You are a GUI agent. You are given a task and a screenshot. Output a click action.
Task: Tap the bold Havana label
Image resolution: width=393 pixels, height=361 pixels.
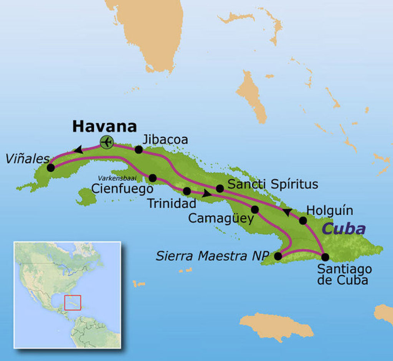(104, 126)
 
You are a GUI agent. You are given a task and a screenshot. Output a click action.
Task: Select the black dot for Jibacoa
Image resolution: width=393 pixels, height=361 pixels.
(139, 150)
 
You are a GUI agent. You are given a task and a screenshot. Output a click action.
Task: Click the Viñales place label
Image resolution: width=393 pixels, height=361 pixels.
(28, 158)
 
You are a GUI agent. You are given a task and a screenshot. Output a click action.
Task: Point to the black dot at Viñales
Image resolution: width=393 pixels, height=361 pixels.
(50, 168)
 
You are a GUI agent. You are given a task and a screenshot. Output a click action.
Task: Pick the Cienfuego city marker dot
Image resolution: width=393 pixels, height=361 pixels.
(152, 178)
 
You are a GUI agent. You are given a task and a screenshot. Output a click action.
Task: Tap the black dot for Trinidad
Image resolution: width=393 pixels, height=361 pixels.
(187, 191)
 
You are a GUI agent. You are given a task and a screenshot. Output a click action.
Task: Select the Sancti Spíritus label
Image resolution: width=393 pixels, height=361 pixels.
(273, 184)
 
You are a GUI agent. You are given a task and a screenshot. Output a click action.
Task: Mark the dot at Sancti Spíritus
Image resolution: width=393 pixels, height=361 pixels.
(220, 188)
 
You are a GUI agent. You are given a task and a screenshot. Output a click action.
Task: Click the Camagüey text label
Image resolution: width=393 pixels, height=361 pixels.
(221, 219)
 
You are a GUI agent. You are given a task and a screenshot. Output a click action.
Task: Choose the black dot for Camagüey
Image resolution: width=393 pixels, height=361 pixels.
(254, 209)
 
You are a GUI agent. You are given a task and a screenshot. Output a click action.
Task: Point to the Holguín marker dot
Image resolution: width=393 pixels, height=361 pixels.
(303, 220)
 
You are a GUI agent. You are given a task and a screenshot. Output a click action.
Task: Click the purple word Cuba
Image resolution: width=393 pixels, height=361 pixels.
(343, 229)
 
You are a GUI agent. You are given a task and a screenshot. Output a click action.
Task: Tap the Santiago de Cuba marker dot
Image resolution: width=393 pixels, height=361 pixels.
(325, 257)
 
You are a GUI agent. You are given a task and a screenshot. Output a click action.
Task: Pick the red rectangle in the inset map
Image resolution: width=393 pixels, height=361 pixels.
(73, 302)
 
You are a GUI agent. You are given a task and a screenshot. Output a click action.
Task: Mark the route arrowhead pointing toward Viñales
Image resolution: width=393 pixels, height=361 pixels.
(78, 150)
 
